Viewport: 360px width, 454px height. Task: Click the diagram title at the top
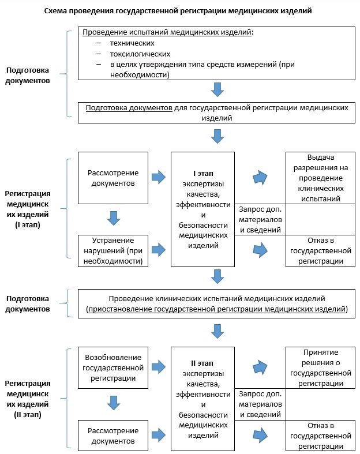pos(178,11)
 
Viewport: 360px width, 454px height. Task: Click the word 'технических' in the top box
pos(132,43)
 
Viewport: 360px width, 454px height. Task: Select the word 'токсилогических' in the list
pos(140,54)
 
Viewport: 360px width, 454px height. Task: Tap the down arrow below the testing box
pos(217,89)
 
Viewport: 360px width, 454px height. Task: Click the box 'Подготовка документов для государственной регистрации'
pos(217,112)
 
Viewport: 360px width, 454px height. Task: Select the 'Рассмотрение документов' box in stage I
pos(113,178)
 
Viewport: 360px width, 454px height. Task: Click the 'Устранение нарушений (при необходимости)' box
pos(113,251)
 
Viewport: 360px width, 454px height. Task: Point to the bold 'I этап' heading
pos(203,174)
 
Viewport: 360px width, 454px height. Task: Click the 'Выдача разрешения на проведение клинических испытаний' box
pos(320,178)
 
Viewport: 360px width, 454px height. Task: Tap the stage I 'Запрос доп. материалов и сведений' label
pos(260,219)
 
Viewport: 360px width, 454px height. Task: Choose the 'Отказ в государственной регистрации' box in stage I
pos(320,251)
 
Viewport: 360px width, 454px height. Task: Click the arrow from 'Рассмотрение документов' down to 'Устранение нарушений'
pos(114,218)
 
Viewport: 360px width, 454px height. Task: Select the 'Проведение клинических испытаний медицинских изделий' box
pos(217,304)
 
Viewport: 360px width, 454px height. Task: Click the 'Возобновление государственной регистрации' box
pos(113,367)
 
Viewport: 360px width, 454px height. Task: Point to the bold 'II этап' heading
pos(202,363)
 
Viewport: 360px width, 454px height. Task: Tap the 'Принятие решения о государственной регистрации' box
pos(320,367)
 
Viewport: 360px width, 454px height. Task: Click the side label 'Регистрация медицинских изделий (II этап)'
pos(28,399)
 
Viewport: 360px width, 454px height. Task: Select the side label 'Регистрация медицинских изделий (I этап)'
pos(28,209)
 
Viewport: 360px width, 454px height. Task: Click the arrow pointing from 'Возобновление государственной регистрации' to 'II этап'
pos(159,367)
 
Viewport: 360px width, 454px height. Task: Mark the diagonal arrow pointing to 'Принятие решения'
pos(260,367)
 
